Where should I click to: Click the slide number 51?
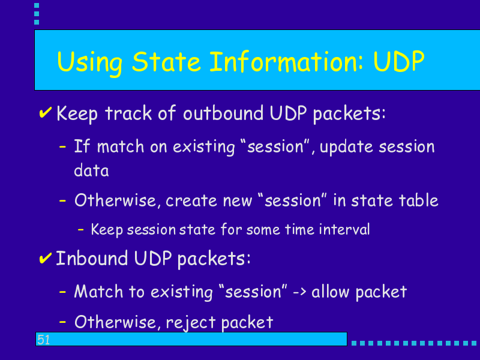pos(43,340)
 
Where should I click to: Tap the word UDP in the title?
pos(399,62)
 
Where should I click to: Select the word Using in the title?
pos(89,64)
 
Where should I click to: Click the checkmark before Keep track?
pos(46,112)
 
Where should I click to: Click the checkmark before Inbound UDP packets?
pos(46,258)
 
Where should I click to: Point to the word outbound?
pos(223,113)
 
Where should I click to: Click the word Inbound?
pos(92,258)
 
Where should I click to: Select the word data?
pos(91,170)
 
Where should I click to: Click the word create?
pos(191,201)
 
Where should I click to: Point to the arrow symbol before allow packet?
pos(299,292)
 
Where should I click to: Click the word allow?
pos(330,291)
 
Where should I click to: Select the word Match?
pos(98,291)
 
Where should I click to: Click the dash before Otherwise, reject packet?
pos(62,322)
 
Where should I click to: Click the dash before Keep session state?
pos(81,229)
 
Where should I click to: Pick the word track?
pos(128,113)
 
